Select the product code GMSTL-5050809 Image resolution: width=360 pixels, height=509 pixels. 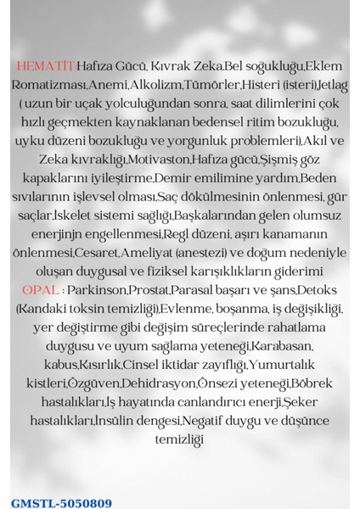[x=61, y=502]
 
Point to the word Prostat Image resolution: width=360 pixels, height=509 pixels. [x=147, y=291]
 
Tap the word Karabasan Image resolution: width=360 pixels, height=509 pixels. [x=284, y=347]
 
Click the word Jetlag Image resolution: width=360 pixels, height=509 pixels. [x=331, y=85]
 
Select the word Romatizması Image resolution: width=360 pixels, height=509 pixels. [x=51, y=85]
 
